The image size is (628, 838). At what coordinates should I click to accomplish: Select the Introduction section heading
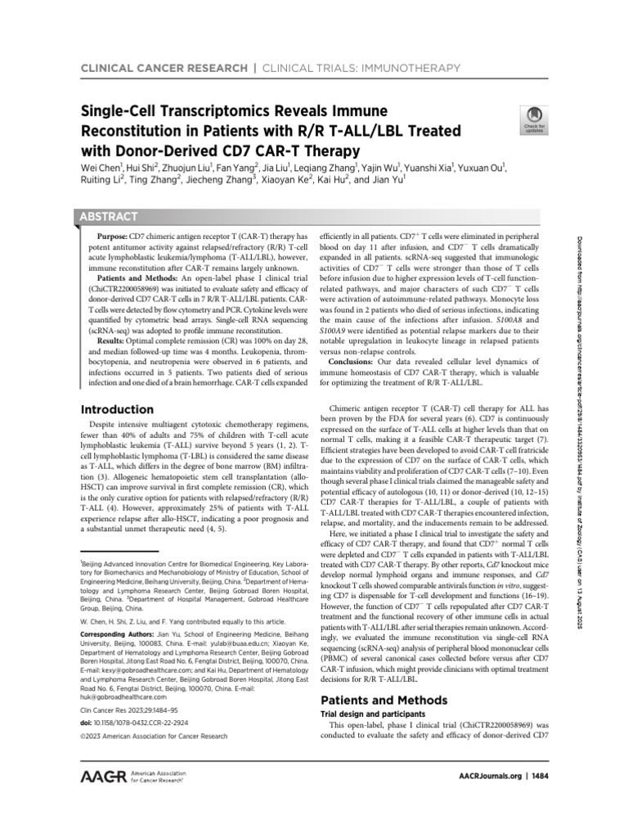click(116, 409)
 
